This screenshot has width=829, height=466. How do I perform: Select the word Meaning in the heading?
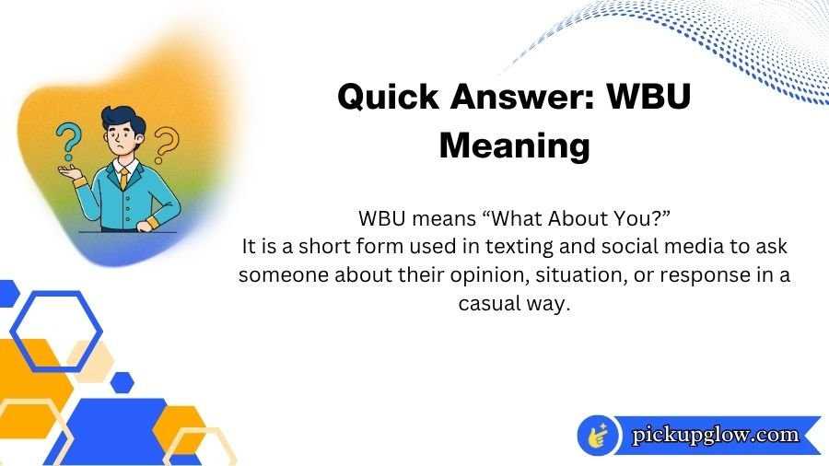point(514,145)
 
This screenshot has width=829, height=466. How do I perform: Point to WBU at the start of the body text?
point(380,220)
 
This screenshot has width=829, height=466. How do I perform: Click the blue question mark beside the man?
point(65,143)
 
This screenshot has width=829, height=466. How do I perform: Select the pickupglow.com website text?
point(715,435)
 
